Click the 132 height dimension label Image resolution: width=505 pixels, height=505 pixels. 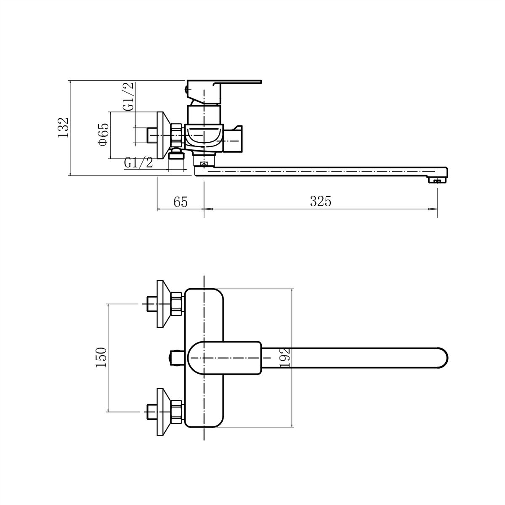coord(64,128)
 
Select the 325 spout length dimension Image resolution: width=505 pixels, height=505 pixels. coord(321,201)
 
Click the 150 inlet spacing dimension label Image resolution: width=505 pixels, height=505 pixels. coord(101,357)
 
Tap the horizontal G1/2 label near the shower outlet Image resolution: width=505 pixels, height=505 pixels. coord(138,163)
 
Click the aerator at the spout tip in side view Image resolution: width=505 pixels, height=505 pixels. coord(436,180)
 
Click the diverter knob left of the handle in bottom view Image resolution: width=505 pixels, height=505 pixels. coord(177,357)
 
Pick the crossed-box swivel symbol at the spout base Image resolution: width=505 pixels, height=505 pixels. coord(204,164)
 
